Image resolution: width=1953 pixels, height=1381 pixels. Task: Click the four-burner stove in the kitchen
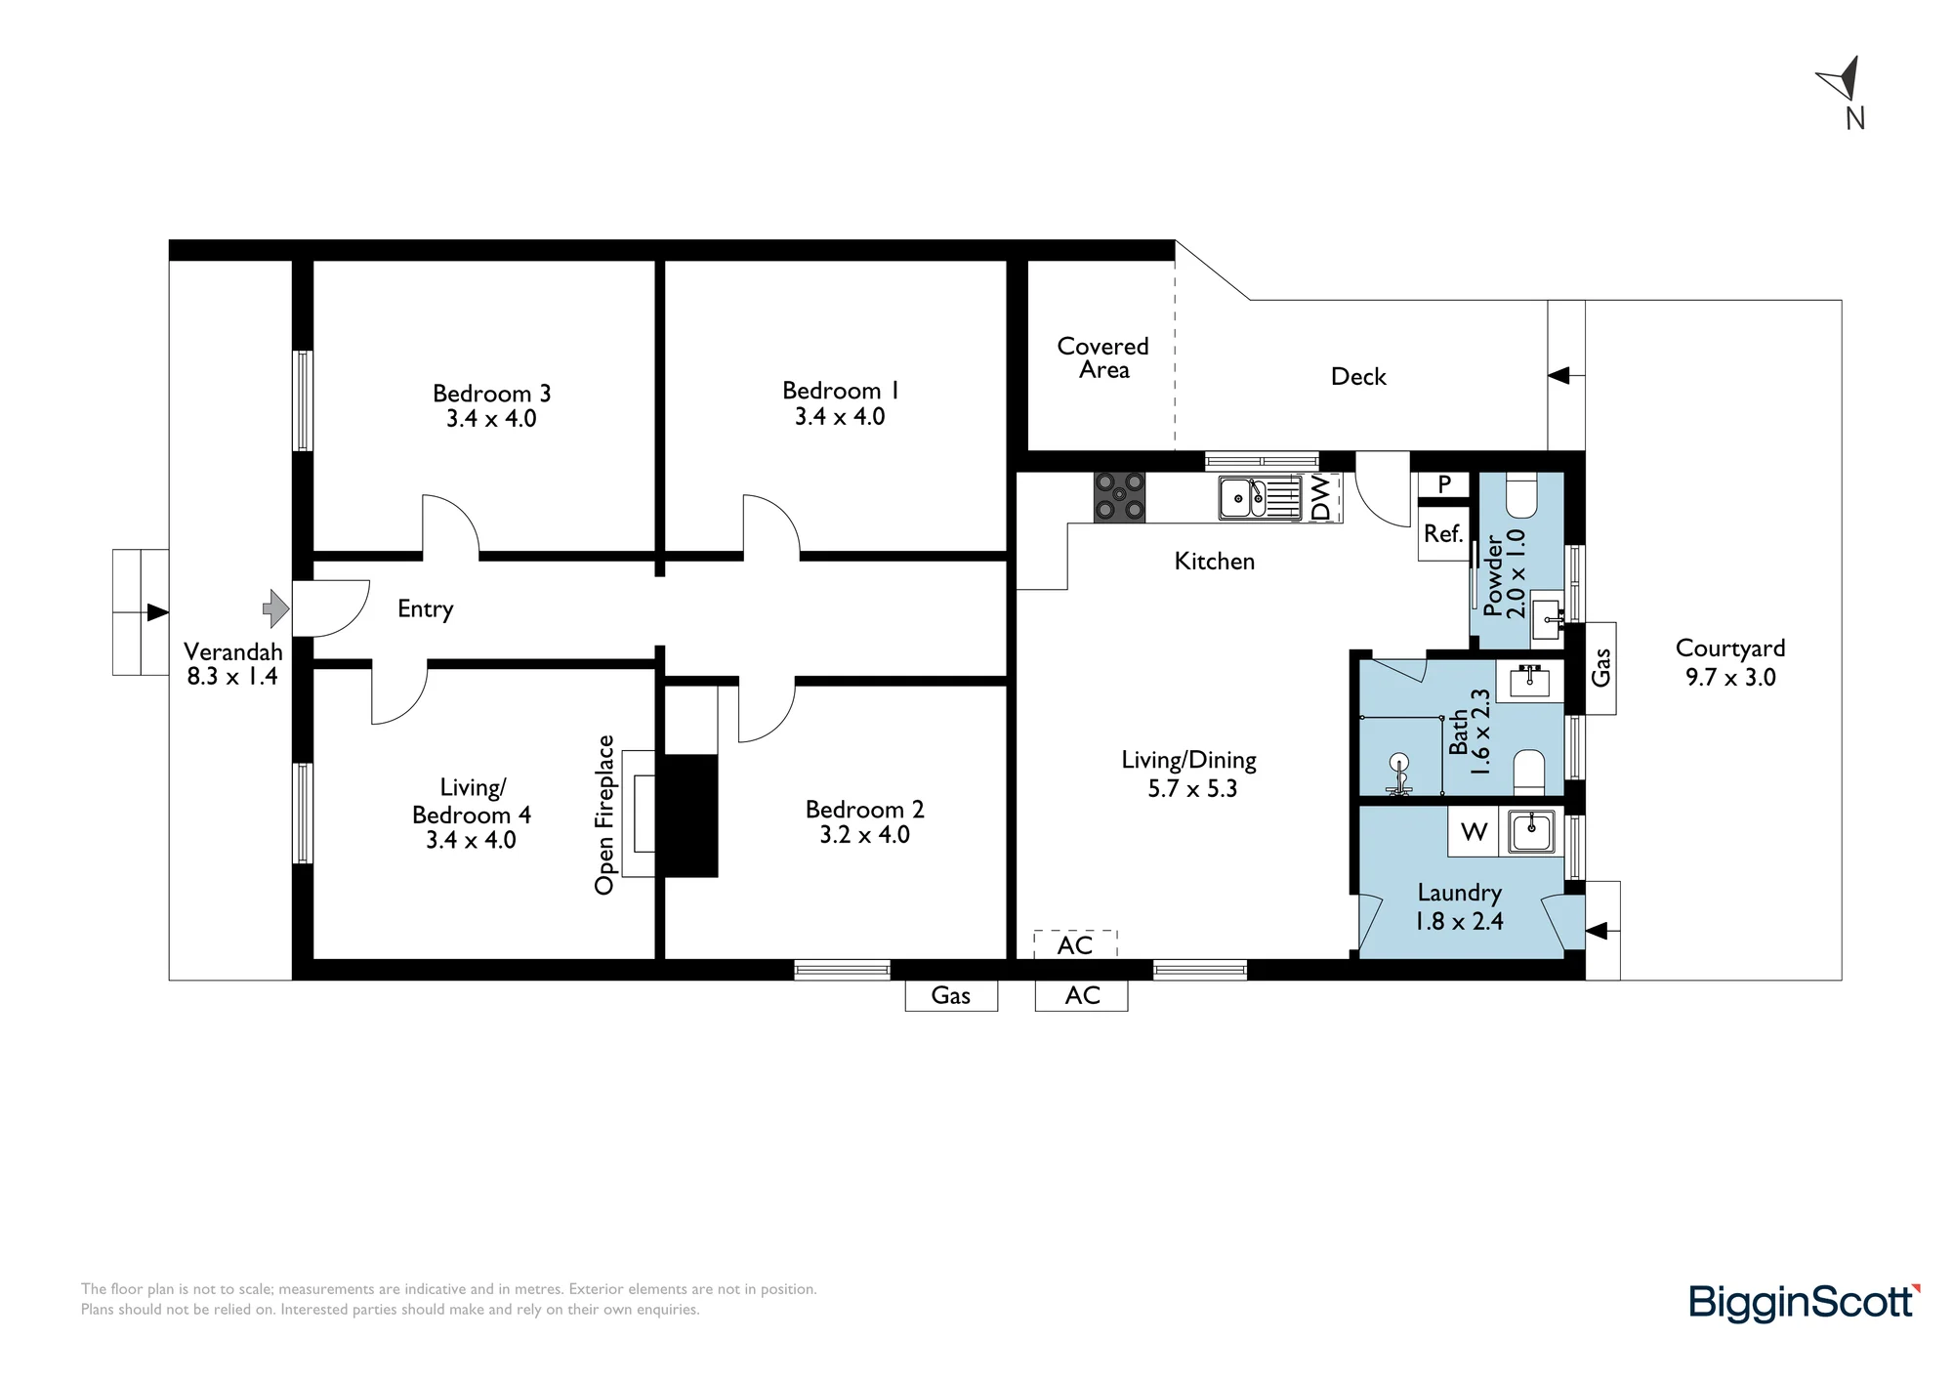pos(1119,497)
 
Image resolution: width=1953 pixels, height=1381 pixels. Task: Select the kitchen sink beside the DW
pos(1260,498)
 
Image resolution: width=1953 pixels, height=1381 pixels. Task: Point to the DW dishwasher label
pos(1320,498)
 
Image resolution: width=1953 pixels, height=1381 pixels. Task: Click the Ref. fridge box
pos(1443,534)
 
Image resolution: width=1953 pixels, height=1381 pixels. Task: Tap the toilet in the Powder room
pos(1521,495)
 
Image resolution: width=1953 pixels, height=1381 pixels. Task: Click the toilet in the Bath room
pos(1528,773)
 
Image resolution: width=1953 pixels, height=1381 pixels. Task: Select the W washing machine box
pos(1475,832)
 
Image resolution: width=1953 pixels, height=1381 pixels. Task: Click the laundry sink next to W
pos(1531,832)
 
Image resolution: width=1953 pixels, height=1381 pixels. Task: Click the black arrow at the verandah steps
pos(157,612)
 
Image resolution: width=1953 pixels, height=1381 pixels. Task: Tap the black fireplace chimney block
pos(690,816)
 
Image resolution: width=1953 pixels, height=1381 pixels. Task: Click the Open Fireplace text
pos(604,815)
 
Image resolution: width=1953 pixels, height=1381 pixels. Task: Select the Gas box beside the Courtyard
pos(1600,668)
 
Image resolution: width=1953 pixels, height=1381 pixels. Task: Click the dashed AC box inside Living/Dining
pos(1075,944)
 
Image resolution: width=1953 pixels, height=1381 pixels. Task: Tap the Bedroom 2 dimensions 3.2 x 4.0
pos(865,835)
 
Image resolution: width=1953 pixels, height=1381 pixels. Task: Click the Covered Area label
pos(1103,357)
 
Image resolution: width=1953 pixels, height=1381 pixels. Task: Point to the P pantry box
pos(1444,484)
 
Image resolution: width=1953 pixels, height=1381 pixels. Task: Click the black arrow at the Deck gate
pos(1558,375)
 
